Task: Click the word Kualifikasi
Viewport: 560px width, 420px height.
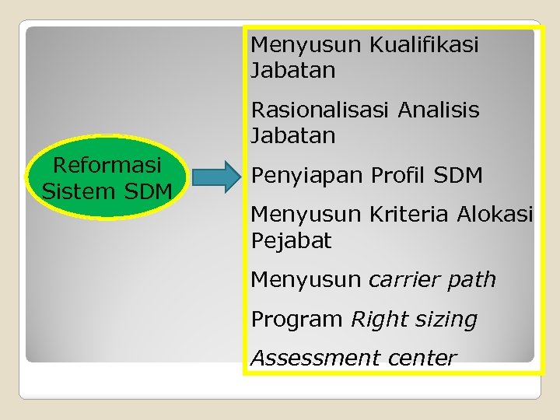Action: coord(424,45)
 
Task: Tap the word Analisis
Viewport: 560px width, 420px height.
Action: coord(439,110)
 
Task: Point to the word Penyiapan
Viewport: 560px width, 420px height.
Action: coord(307,177)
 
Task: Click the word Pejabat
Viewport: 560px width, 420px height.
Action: coord(291,241)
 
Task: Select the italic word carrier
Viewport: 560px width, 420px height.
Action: coord(405,280)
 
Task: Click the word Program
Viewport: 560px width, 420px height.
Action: coord(297,320)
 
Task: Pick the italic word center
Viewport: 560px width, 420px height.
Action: coord(420,359)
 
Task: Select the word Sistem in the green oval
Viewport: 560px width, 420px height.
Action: coord(75,191)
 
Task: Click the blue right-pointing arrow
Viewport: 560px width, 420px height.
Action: coord(217,177)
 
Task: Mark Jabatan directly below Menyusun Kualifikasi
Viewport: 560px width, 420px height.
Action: coord(292,71)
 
